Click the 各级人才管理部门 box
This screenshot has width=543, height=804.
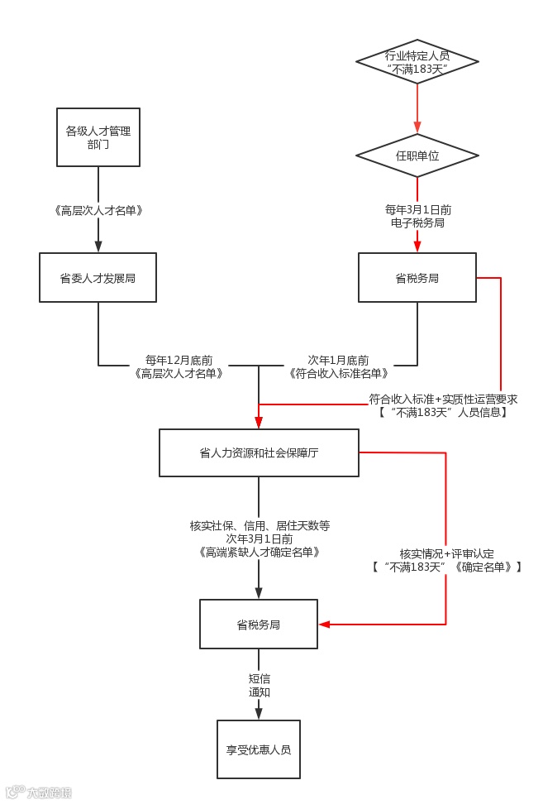(98, 137)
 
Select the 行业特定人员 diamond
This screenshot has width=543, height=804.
(417, 62)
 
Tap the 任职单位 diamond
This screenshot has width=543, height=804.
(417, 156)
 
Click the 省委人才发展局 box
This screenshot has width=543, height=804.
(98, 278)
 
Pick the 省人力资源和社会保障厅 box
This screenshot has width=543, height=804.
(259, 453)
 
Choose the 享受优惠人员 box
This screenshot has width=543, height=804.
(259, 749)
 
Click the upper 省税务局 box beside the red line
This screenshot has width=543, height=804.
(417, 278)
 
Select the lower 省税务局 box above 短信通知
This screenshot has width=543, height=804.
(259, 625)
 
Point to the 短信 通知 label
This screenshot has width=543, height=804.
(260, 685)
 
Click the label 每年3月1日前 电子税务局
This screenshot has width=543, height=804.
(417, 216)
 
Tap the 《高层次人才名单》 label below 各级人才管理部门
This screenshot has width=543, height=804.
(98, 211)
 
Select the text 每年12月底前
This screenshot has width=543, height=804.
(179, 360)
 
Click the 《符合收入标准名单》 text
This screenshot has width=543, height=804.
(339, 373)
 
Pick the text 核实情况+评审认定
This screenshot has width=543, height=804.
(447, 553)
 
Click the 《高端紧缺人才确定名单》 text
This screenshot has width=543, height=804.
(260, 552)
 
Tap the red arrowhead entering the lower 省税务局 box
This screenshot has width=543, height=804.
(324, 624)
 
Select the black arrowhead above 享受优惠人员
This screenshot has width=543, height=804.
(259, 713)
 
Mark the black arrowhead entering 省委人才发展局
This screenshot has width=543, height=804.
(98, 246)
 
